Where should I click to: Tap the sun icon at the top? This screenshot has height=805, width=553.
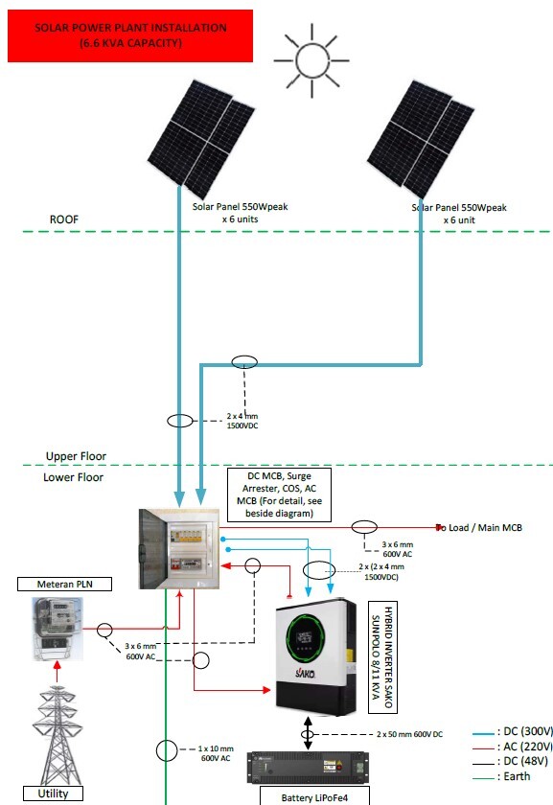(x=310, y=53)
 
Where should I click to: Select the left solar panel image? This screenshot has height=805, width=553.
(x=201, y=134)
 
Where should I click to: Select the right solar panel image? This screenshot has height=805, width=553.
(x=423, y=134)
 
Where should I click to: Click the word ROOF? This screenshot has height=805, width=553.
(x=64, y=219)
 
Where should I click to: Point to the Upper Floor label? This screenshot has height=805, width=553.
(x=76, y=456)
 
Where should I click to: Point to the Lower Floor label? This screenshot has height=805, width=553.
(x=74, y=477)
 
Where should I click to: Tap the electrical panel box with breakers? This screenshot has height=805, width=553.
(x=179, y=547)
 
